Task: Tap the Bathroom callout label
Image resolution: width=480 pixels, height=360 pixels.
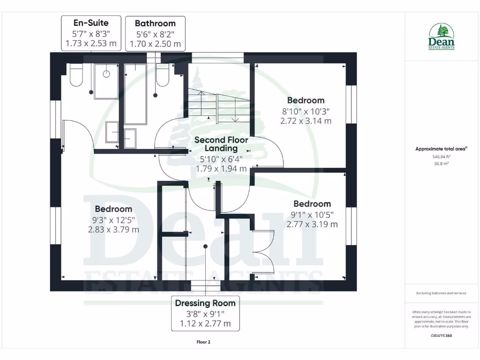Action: [155, 33]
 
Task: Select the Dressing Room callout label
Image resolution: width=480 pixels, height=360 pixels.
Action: [205, 313]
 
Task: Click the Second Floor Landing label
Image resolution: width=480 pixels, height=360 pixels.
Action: [221, 144]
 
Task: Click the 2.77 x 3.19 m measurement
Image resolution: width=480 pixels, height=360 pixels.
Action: [312, 224]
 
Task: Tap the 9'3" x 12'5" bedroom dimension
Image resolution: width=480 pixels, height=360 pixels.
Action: [113, 219]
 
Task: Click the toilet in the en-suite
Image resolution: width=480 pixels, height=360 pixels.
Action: [76, 76]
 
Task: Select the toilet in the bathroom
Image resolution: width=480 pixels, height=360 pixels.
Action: [163, 76]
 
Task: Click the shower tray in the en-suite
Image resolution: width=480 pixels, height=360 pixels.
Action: [106, 81]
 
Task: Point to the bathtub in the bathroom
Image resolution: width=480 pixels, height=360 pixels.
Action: [135, 94]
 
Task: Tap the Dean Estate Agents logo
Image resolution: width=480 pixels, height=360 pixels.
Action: [442, 37]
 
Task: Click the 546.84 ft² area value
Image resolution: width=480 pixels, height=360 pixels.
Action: [441, 157]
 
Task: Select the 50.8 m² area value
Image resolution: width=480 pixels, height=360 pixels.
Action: [441, 164]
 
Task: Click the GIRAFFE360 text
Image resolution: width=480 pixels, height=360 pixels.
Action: [441, 336]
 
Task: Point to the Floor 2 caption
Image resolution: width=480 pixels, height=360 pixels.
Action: [203, 342]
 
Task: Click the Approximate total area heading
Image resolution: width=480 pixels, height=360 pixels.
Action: [441, 149]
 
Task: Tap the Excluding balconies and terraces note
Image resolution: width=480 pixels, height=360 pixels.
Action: [441, 293]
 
